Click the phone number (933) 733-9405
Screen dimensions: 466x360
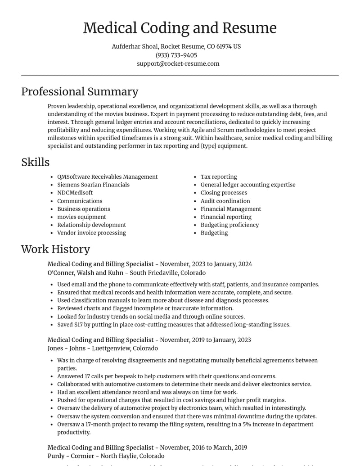(176, 55)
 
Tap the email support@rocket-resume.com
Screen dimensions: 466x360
(178, 63)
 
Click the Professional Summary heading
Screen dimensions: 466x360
(80, 91)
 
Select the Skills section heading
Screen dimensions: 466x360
(35, 162)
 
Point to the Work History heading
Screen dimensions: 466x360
(55, 249)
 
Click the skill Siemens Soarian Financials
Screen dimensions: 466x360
(93, 185)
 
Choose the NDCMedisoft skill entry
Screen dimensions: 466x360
(75, 193)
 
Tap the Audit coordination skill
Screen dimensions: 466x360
(225, 201)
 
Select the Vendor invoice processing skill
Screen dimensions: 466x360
(91, 233)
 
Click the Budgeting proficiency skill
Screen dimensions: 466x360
(229, 225)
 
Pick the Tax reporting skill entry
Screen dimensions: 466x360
(219, 176)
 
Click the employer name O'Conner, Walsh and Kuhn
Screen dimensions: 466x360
(85, 273)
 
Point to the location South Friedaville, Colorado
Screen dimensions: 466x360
(168, 273)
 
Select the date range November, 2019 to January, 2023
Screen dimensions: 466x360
(206, 340)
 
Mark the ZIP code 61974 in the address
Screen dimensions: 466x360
(225, 46)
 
